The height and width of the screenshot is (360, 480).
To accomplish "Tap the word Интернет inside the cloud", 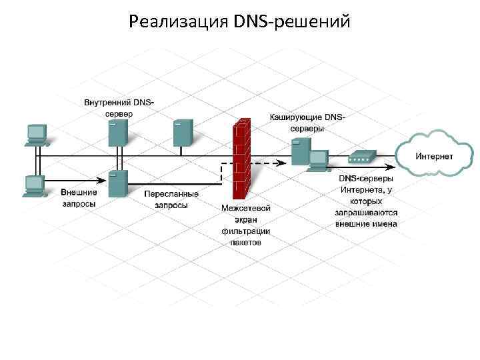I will tap(435, 156).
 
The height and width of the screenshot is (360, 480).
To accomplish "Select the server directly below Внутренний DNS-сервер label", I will tap(118, 133).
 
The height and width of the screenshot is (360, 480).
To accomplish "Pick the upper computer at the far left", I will tap(35, 134).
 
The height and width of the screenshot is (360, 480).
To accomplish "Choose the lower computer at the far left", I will tap(34, 185).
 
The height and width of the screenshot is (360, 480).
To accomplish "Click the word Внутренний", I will tap(108, 103).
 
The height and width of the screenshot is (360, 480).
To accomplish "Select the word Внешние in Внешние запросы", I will tap(79, 193).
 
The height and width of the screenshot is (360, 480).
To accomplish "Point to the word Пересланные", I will tap(171, 194).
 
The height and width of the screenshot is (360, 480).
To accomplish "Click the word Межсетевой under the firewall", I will tap(246, 208).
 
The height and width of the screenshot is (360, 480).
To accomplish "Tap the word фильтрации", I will tap(246, 231).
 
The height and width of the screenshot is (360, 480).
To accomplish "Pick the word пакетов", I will tap(246, 242).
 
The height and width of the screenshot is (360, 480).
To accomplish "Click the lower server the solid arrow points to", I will tap(118, 183).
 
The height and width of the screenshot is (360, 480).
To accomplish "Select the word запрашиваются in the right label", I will tap(366, 212).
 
